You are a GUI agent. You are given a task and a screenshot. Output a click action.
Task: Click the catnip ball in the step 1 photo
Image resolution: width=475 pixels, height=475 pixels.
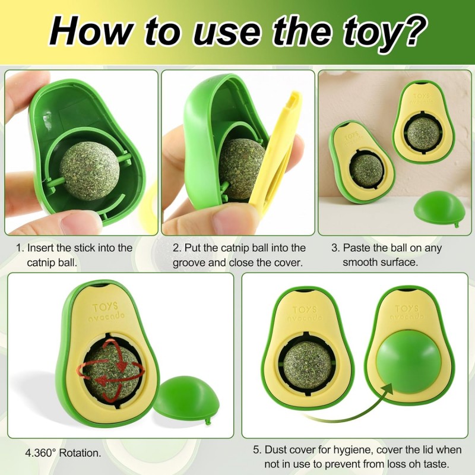(x=90, y=170)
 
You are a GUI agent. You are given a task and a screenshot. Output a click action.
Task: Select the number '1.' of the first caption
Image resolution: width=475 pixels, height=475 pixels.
(x=20, y=248)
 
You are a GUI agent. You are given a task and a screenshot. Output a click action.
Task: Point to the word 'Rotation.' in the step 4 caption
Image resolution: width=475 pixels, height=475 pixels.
(x=80, y=453)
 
